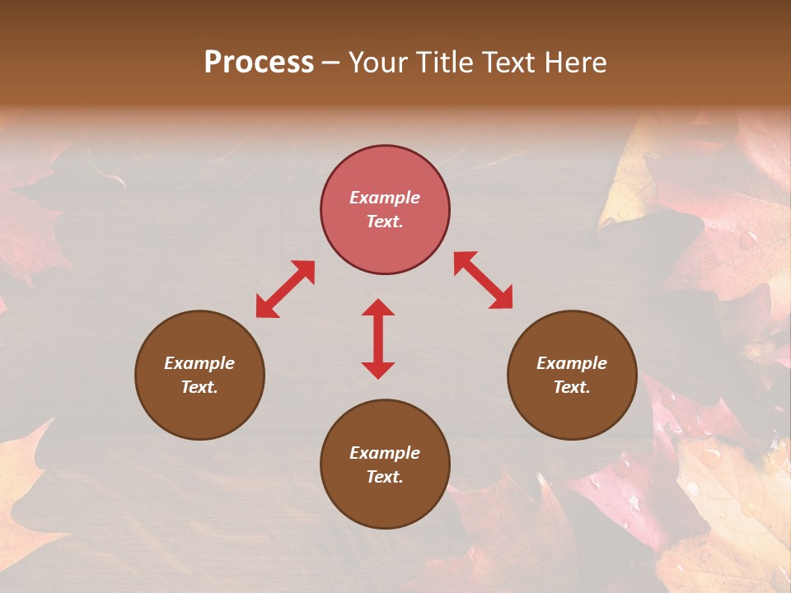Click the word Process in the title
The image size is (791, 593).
259,63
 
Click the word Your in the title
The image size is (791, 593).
375,63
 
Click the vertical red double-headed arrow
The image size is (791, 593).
378,339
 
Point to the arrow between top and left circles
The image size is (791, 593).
285,288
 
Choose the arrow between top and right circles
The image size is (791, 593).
483,280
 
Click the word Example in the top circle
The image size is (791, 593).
385,198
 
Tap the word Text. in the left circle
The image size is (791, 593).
199,387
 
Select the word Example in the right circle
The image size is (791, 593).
572,363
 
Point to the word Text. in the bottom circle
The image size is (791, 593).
385,477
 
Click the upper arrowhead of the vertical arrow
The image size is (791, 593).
378,308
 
